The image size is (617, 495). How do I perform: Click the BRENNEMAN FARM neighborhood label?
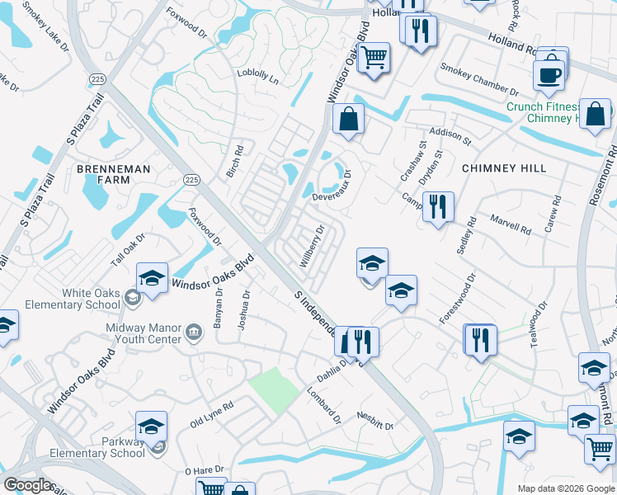tap(114, 174)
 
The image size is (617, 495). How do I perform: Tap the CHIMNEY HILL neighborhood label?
tap(503, 168)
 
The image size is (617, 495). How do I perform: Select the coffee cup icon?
tap(548, 74)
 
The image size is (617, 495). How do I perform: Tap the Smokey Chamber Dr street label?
tap(478, 80)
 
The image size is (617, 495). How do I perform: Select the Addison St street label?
tap(450, 137)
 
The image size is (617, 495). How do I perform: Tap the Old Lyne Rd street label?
tap(212, 413)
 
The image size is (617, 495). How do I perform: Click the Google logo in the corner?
tap(28, 485)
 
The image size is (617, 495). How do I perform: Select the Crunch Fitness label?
tap(544, 106)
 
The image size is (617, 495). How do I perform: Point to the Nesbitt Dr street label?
tap(375, 421)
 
